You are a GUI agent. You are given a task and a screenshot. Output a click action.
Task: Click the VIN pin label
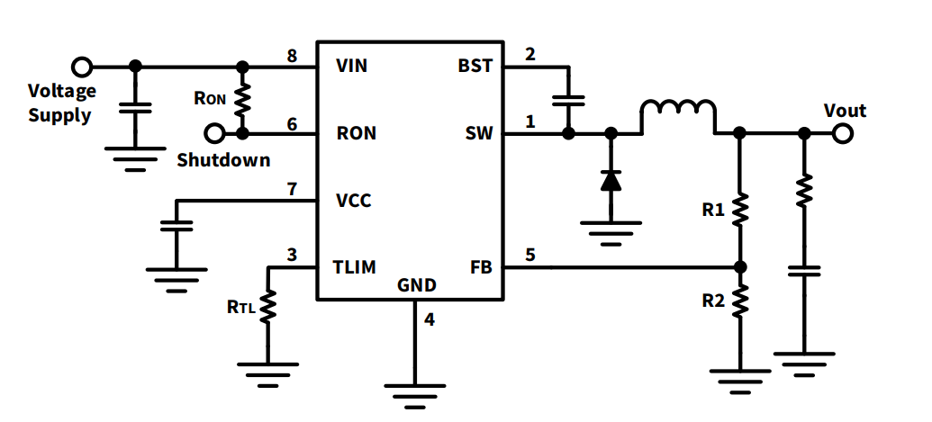351,66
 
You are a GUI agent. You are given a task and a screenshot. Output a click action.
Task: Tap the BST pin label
475,66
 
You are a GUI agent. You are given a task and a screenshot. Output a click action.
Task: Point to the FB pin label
481,267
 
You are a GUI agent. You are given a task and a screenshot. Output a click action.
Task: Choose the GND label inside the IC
416,286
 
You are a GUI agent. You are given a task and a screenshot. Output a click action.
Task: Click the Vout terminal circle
842,133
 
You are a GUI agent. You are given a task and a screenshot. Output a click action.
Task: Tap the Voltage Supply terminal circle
82,67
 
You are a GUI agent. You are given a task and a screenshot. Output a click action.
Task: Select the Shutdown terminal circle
214,133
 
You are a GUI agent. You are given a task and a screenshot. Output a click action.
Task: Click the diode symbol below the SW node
611,180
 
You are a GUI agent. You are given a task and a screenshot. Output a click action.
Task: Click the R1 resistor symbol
740,210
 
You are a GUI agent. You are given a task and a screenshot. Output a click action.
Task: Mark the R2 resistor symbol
740,301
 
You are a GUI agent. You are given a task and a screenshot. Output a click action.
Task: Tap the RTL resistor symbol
267,307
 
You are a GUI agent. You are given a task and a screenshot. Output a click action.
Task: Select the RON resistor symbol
242,100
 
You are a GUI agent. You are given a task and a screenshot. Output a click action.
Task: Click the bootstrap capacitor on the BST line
568,101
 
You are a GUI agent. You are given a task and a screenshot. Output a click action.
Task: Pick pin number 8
292,57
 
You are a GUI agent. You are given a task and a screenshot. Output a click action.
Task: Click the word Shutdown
223,160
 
